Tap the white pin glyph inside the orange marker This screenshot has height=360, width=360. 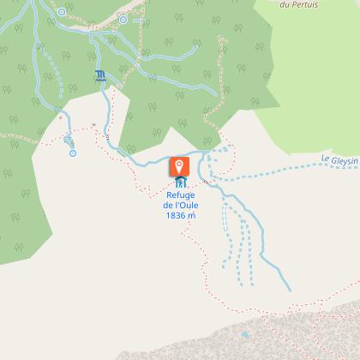pyautogui.click(x=180, y=165)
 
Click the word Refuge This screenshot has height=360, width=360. pyautogui.click(x=180, y=195)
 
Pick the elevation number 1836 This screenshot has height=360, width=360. pyautogui.click(x=174, y=215)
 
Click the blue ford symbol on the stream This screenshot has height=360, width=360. pyautogui.click(x=102, y=75)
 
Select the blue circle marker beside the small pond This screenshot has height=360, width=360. pyautogui.click(x=73, y=153)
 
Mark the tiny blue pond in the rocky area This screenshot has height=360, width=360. pyautogui.click(x=244, y=335)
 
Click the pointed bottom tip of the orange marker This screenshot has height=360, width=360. pyautogui.click(x=180, y=177)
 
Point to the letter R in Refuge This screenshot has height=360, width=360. pyautogui.click(x=167, y=195)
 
